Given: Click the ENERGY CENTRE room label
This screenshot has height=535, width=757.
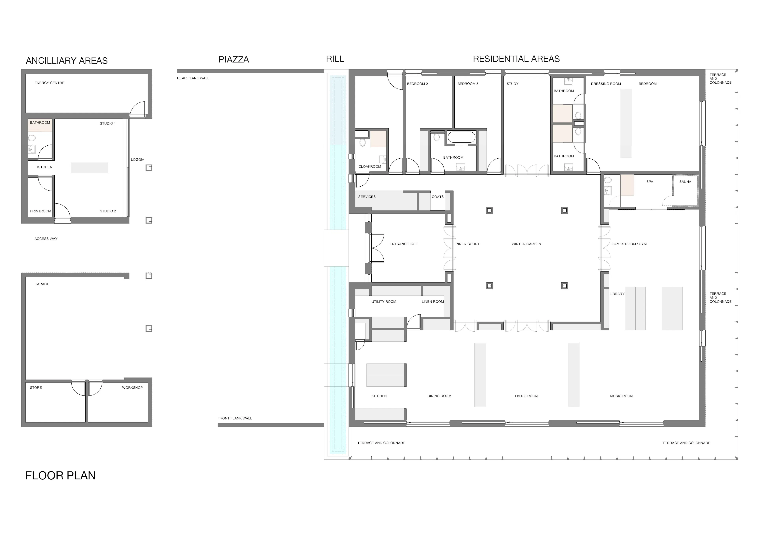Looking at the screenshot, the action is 49,83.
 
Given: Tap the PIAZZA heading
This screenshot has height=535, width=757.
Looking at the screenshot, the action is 234,60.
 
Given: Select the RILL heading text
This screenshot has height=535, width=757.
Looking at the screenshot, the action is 335,59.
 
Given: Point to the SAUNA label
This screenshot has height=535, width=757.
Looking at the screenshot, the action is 685,182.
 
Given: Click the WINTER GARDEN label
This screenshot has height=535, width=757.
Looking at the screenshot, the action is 526,244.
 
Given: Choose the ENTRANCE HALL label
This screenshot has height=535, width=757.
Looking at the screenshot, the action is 404,244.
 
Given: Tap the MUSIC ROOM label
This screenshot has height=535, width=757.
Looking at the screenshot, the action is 622,396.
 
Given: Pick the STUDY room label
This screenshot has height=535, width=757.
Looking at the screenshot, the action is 512,84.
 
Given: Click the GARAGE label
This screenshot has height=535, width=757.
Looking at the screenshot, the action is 42,284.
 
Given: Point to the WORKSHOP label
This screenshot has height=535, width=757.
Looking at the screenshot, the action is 132,388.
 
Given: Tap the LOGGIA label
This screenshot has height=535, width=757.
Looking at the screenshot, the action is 137,160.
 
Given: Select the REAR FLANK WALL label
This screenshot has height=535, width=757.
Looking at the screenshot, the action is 193,78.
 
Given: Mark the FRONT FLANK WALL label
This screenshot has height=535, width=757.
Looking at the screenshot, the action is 235,418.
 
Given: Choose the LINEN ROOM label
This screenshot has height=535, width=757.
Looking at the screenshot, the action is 433,302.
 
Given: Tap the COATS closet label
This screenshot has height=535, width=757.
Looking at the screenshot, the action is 437,197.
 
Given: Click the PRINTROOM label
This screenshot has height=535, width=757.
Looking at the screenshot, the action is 41,211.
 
